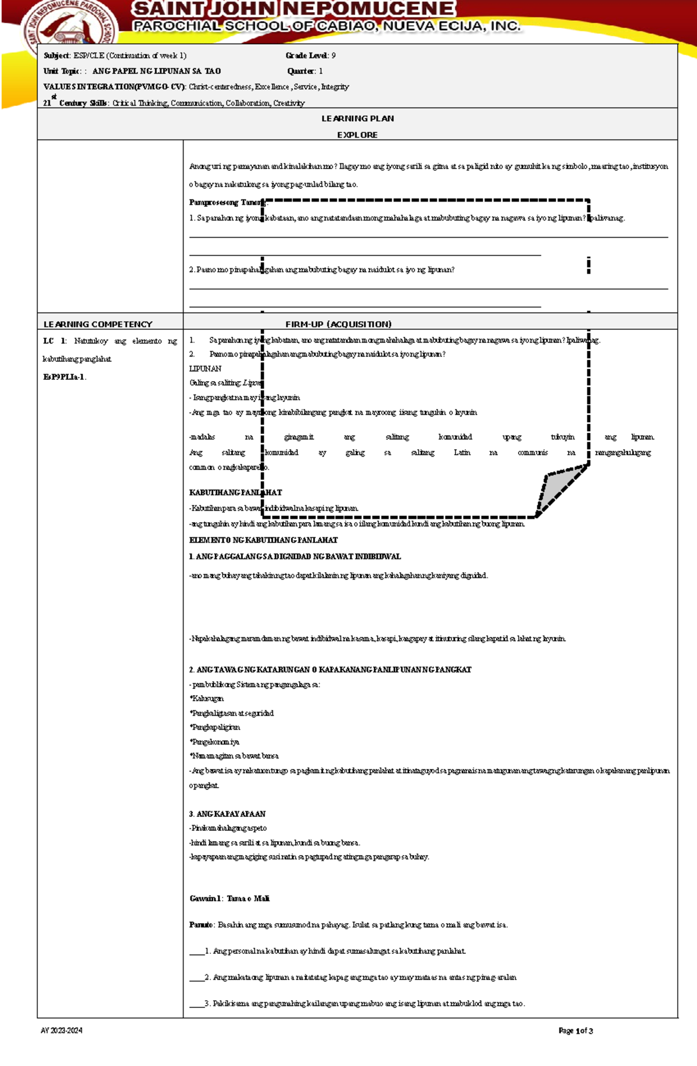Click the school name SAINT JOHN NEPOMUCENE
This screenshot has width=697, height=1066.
293,9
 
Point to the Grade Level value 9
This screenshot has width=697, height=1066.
333,56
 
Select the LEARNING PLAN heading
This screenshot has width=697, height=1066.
357,119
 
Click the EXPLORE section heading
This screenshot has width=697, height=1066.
357,135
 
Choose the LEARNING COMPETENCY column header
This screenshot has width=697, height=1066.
98,324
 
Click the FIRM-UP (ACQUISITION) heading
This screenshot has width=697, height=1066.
338,324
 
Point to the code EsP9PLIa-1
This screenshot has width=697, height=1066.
64,377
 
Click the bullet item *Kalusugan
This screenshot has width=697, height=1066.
206,699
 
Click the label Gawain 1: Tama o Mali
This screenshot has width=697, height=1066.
229,899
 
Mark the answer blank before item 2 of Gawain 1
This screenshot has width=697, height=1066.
196,978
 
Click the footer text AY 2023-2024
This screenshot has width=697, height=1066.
61,1031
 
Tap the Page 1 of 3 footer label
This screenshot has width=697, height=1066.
575,1031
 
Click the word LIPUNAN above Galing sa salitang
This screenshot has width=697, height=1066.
205,369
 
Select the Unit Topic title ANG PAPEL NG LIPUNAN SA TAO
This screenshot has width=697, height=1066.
156,71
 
